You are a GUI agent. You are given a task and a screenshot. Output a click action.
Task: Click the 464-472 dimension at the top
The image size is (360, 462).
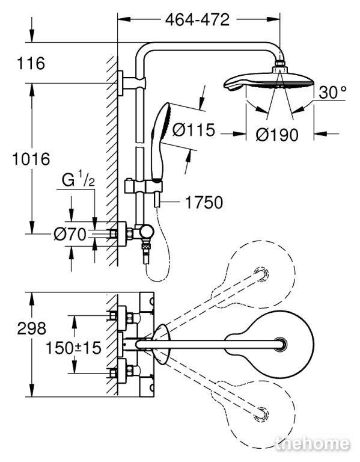[x=197, y=20]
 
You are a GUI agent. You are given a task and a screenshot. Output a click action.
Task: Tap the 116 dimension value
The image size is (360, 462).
[x=31, y=63]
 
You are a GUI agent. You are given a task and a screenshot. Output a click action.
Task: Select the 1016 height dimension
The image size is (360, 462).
[x=31, y=159]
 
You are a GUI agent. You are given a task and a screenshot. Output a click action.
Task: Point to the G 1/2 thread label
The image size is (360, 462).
[x=78, y=180]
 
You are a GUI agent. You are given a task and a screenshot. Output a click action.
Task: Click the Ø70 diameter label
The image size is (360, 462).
[x=70, y=235]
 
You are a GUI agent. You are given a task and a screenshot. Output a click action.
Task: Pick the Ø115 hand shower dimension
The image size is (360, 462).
[x=194, y=130]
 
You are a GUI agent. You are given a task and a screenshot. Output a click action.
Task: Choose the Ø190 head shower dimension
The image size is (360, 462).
[x=277, y=135]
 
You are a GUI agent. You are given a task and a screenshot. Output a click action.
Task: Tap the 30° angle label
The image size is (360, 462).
[x=332, y=92]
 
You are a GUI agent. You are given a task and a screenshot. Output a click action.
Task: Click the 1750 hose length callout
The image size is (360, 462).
[x=204, y=202]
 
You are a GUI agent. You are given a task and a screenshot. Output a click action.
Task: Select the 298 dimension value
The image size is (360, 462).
[x=31, y=328]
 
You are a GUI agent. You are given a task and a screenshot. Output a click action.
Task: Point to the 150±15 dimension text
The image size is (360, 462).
[x=73, y=348]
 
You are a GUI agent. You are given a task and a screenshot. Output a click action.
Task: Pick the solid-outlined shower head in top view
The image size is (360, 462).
[x=270, y=344]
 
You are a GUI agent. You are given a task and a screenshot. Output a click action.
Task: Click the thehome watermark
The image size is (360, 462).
[x=313, y=444]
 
